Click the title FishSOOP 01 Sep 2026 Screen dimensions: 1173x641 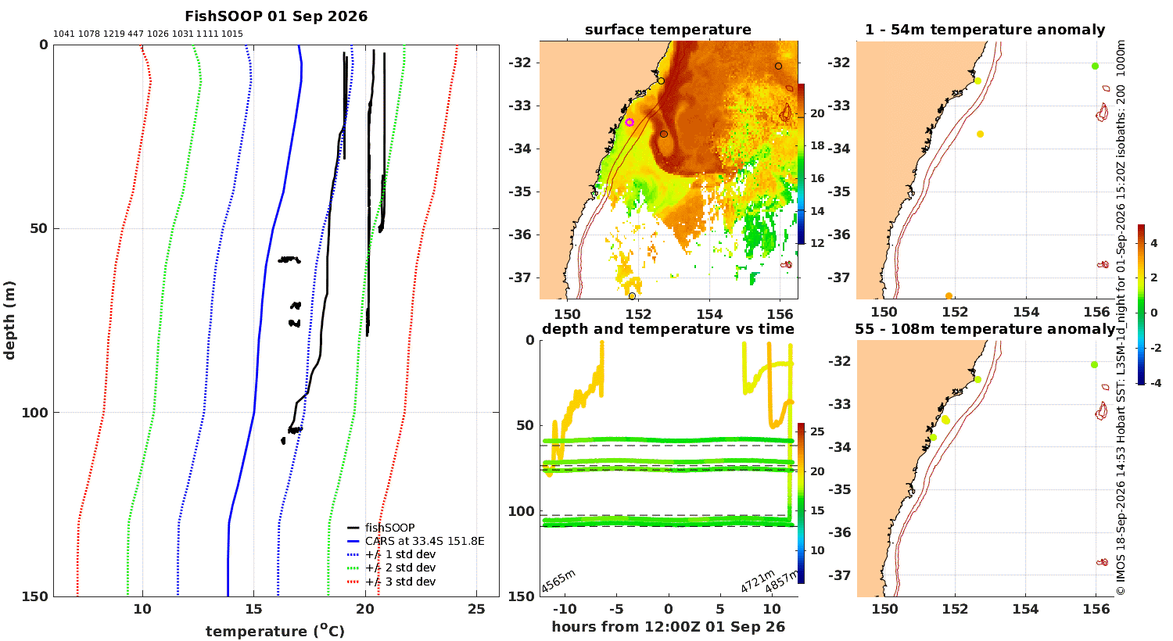point(276,16)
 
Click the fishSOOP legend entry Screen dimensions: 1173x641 point(381,528)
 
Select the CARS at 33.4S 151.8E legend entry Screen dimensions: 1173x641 point(415,541)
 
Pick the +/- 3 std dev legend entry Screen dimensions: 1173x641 point(391,582)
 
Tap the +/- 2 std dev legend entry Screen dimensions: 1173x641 point(391,568)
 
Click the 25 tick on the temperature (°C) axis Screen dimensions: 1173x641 point(476,609)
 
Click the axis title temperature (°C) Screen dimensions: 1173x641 point(275,631)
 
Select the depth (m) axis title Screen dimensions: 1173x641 point(9,320)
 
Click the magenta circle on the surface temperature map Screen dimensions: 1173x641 point(630,123)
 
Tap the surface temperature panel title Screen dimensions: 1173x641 point(668,30)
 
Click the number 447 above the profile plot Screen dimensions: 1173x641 point(135,34)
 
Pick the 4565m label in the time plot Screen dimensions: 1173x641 point(558,581)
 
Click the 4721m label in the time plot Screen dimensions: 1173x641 point(757,581)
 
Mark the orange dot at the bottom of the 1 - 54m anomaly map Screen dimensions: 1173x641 point(949,296)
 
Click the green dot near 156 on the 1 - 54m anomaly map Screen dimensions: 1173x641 point(1095,66)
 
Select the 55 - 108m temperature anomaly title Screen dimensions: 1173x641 point(985,329)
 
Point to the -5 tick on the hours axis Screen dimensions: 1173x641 point(616,609)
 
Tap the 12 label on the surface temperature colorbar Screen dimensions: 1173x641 point(817,243)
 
